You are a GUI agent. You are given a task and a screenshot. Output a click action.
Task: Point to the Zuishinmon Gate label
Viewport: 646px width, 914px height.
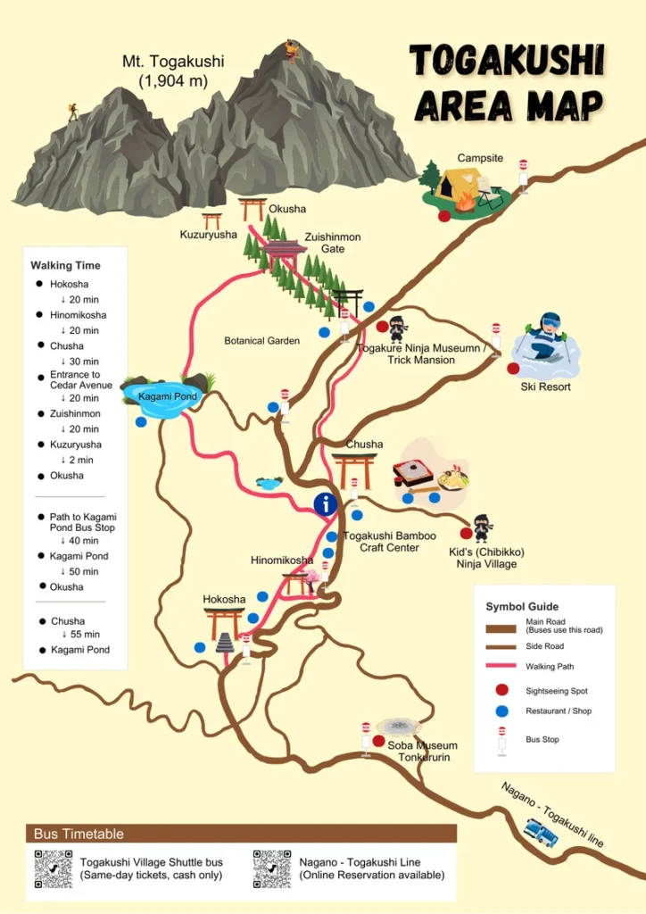(x=332, y=243)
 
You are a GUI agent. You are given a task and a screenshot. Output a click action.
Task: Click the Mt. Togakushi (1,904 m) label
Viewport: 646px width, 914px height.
(x=173, y=71)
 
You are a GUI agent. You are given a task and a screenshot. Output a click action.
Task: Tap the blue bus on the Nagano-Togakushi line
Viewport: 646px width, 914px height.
(x=541, y=833)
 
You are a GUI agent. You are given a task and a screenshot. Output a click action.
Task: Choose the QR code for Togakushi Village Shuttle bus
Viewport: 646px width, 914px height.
(x=54, y=868)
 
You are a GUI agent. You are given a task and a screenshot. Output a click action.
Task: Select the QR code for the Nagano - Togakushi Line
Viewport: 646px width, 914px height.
(x=271, y=868)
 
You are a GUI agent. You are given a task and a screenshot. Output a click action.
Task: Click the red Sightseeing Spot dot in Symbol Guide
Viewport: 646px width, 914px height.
(x=501, y=690)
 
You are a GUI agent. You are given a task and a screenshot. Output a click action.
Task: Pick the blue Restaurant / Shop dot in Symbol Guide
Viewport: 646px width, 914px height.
(x=501, y=711)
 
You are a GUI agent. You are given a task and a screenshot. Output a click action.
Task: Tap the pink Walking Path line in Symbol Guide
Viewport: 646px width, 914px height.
(x=501, y=666)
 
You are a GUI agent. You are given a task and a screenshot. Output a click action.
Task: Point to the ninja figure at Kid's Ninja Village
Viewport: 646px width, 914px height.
(x=482, y=528)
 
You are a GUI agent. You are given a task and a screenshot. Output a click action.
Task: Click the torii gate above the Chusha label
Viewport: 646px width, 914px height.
(x=355, y=469)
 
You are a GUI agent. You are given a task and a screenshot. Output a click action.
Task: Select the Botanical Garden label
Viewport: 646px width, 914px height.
(x=261, y=341)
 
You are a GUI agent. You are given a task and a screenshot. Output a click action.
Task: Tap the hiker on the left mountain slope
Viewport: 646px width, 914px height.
(x=72, y=112)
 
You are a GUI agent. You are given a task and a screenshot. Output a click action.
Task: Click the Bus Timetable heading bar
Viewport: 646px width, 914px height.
(x=241, y=834)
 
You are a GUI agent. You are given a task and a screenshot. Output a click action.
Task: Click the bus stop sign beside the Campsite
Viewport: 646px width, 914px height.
(x=523, y=174)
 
